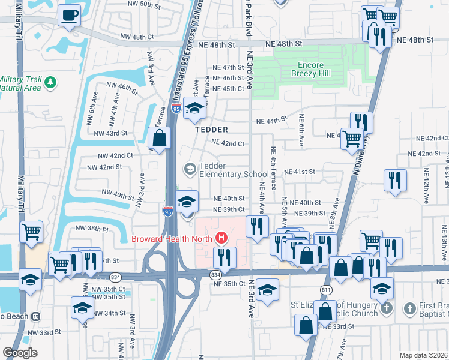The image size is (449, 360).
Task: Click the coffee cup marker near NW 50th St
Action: (x=70, y=15)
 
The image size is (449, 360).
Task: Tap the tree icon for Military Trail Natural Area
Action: (x=51, y=81)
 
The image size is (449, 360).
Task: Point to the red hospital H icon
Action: (x=222, y=238)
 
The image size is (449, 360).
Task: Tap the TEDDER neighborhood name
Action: (x=211, y=130)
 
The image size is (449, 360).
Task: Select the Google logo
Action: (x=20, y=353)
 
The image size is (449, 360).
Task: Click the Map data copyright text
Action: (x=423, y=355)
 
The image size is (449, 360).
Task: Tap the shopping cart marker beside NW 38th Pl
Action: (x=31, y=231)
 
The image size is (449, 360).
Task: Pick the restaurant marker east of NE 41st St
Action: (x=395, y=180)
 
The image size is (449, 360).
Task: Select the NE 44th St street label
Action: (x=265, y=121)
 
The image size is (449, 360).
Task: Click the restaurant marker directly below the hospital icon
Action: (x=224, y=258)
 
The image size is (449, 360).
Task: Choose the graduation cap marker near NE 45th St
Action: (x=194, y=109)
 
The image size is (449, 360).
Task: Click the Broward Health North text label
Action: (x=173, y=238)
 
